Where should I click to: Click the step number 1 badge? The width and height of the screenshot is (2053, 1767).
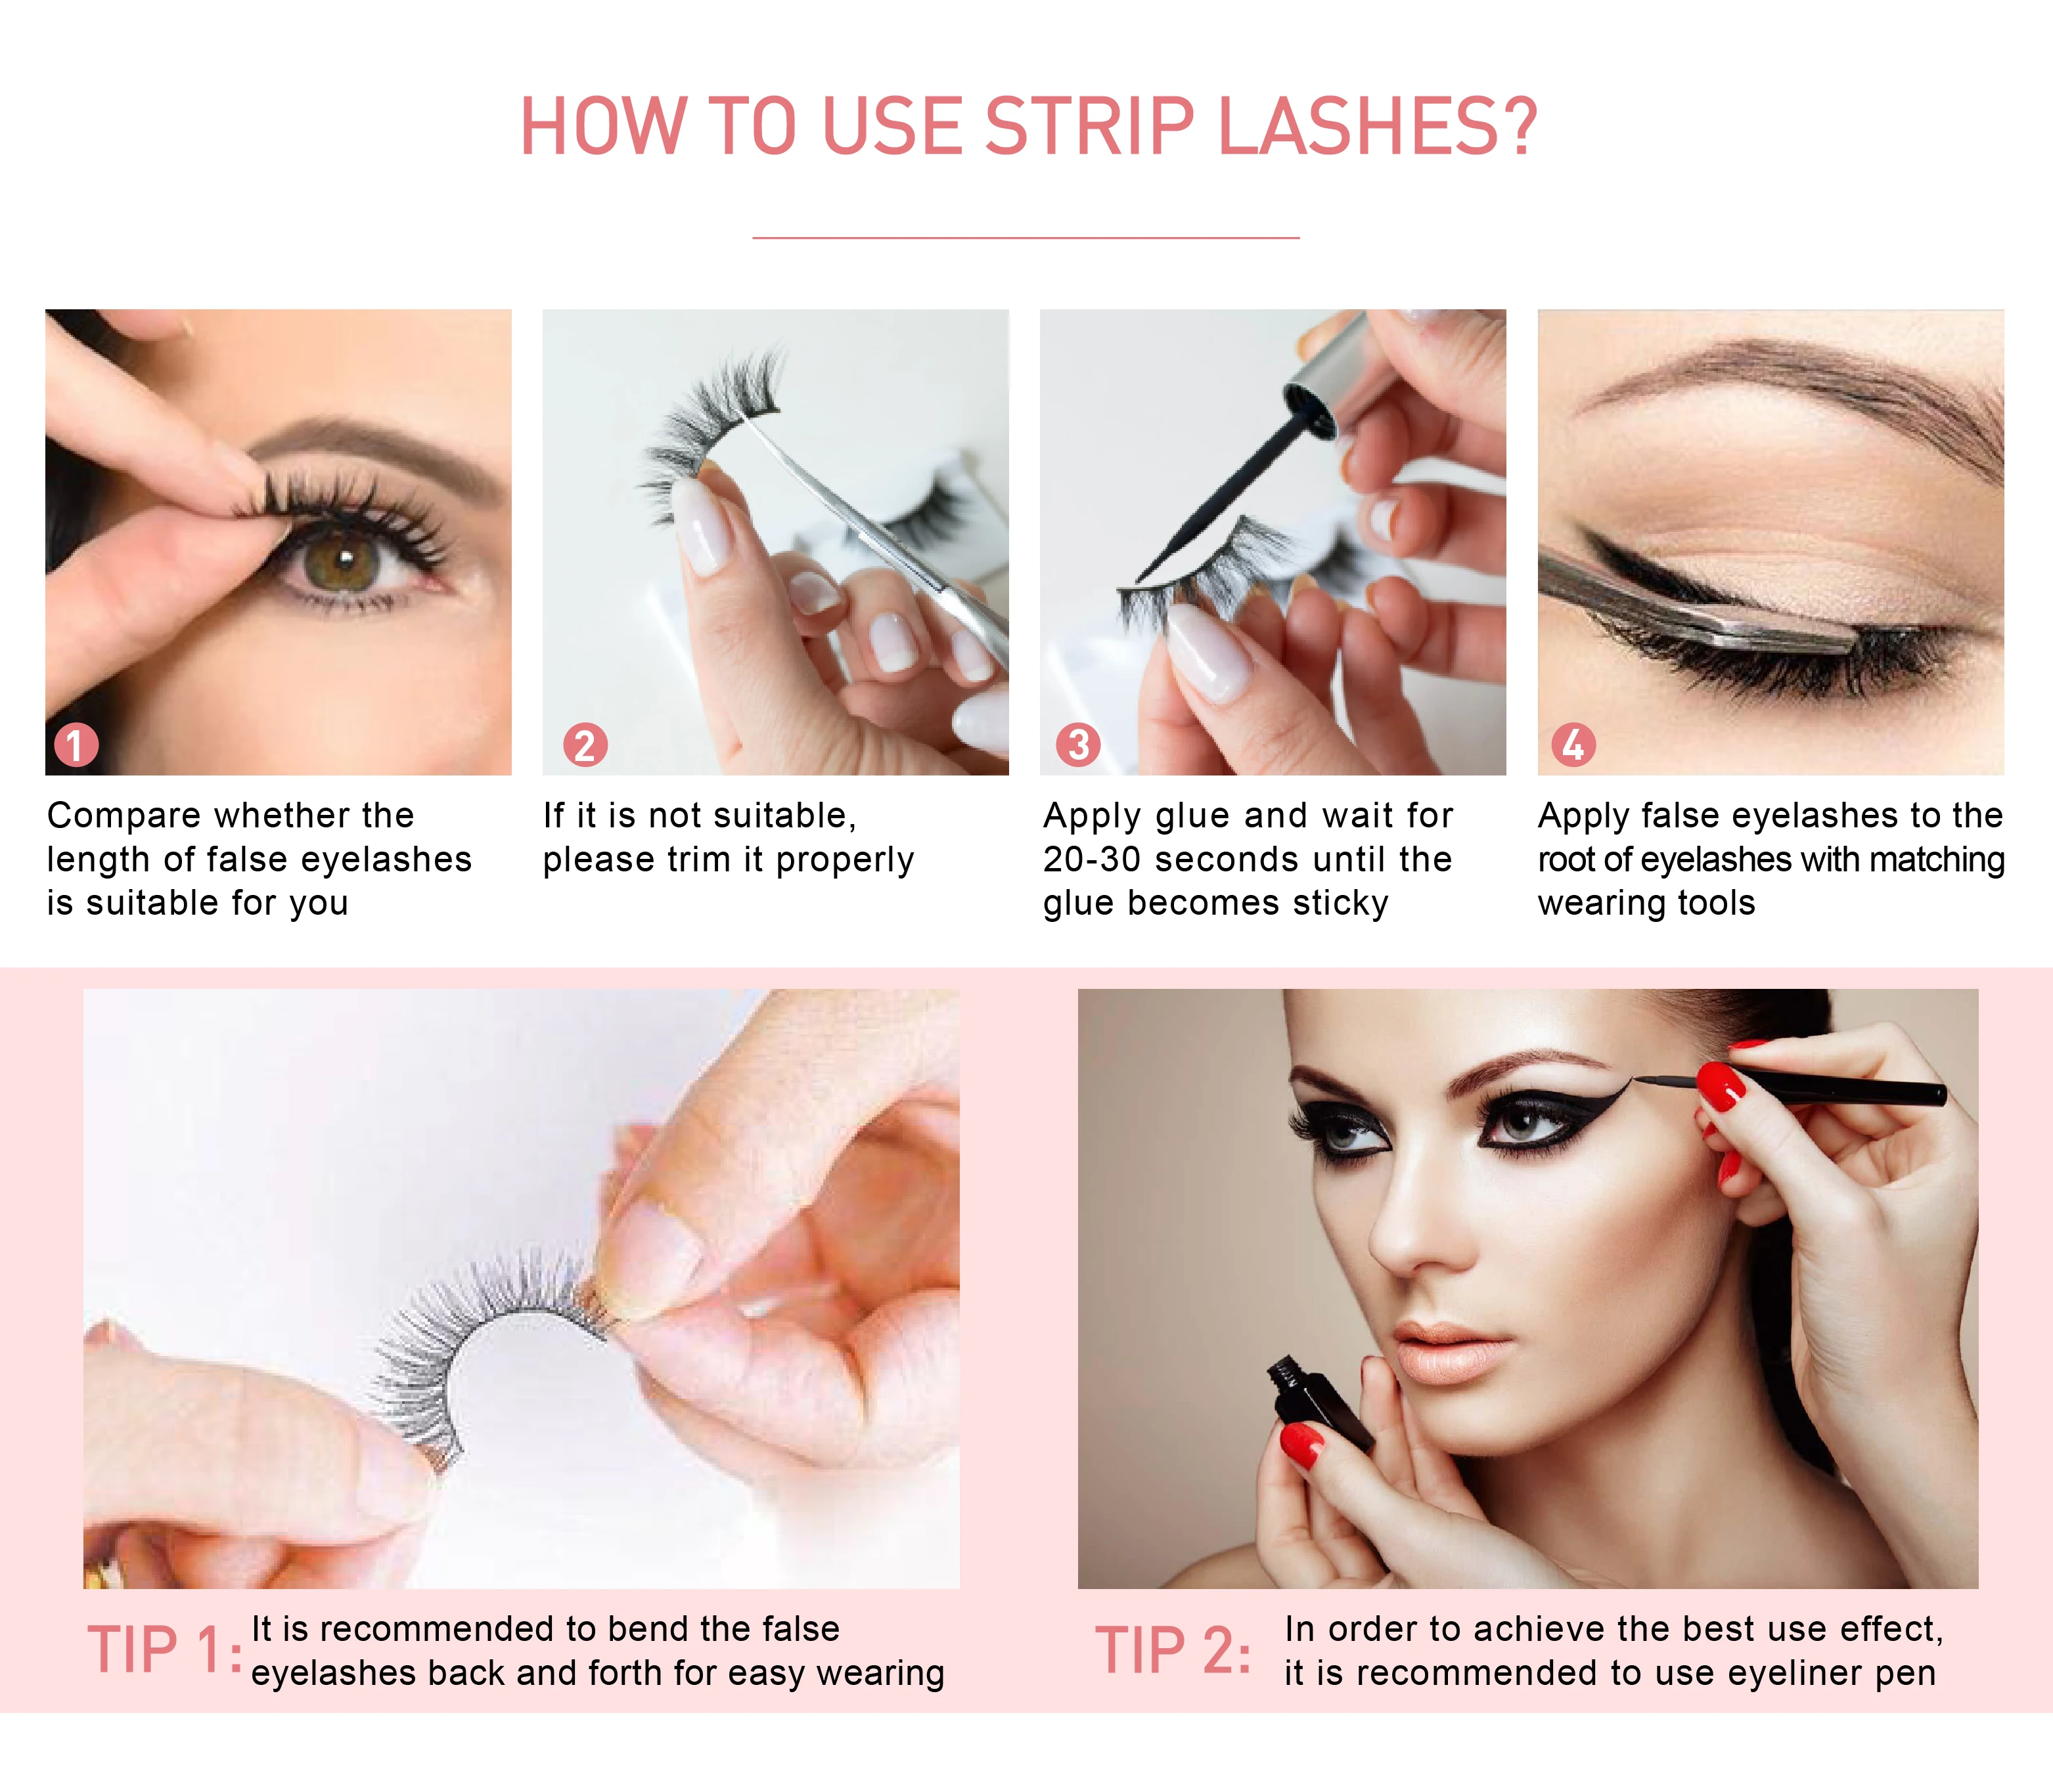coord(76,745)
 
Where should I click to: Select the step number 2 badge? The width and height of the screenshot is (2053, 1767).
coord(585,745)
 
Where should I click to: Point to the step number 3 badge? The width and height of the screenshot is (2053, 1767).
coord(1078,745)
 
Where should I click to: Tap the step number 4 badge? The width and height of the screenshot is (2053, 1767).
coord(1573,745)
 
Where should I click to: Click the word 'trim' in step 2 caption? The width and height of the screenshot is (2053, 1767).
coord(694,860)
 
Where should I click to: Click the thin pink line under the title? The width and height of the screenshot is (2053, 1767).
coord(1026,238)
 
